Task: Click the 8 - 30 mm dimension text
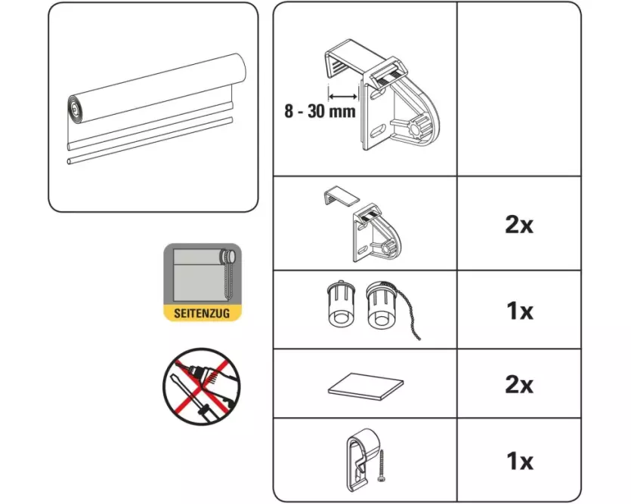tap(320, 111)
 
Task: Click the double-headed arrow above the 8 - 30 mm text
tap(343, 96)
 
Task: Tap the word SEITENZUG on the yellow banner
tap(202, 313)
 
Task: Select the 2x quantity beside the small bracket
tap(519, 225)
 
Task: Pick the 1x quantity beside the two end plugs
tap(519, 311)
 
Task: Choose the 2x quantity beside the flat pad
tap(519, 385)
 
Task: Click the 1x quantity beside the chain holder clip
tap(519, 461)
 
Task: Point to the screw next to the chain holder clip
tap(381, 466)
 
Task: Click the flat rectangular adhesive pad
tap(366, 386)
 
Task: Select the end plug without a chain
tap(342, 304)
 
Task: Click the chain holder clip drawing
tap(361, 460)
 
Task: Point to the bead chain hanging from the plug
tap(407, 318)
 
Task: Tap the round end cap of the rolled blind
tap(75, 109)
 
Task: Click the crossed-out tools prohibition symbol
tap(201, 386)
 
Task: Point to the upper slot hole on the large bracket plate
tap(376, 95)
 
